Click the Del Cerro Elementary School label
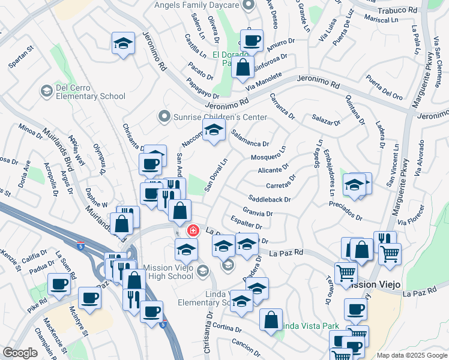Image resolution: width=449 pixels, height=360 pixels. tap(90, 91)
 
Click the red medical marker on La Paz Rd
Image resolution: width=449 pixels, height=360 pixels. tap(193, 230)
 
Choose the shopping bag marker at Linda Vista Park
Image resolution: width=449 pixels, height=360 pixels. tap(271, 319)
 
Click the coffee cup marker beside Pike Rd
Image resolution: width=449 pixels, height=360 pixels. tap(59, 284)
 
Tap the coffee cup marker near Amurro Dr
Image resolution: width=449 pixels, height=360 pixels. tap(252, 40)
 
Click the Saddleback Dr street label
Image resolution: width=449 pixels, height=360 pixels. tap(270, 199)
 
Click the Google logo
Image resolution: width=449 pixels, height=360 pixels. tap(20, 353)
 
